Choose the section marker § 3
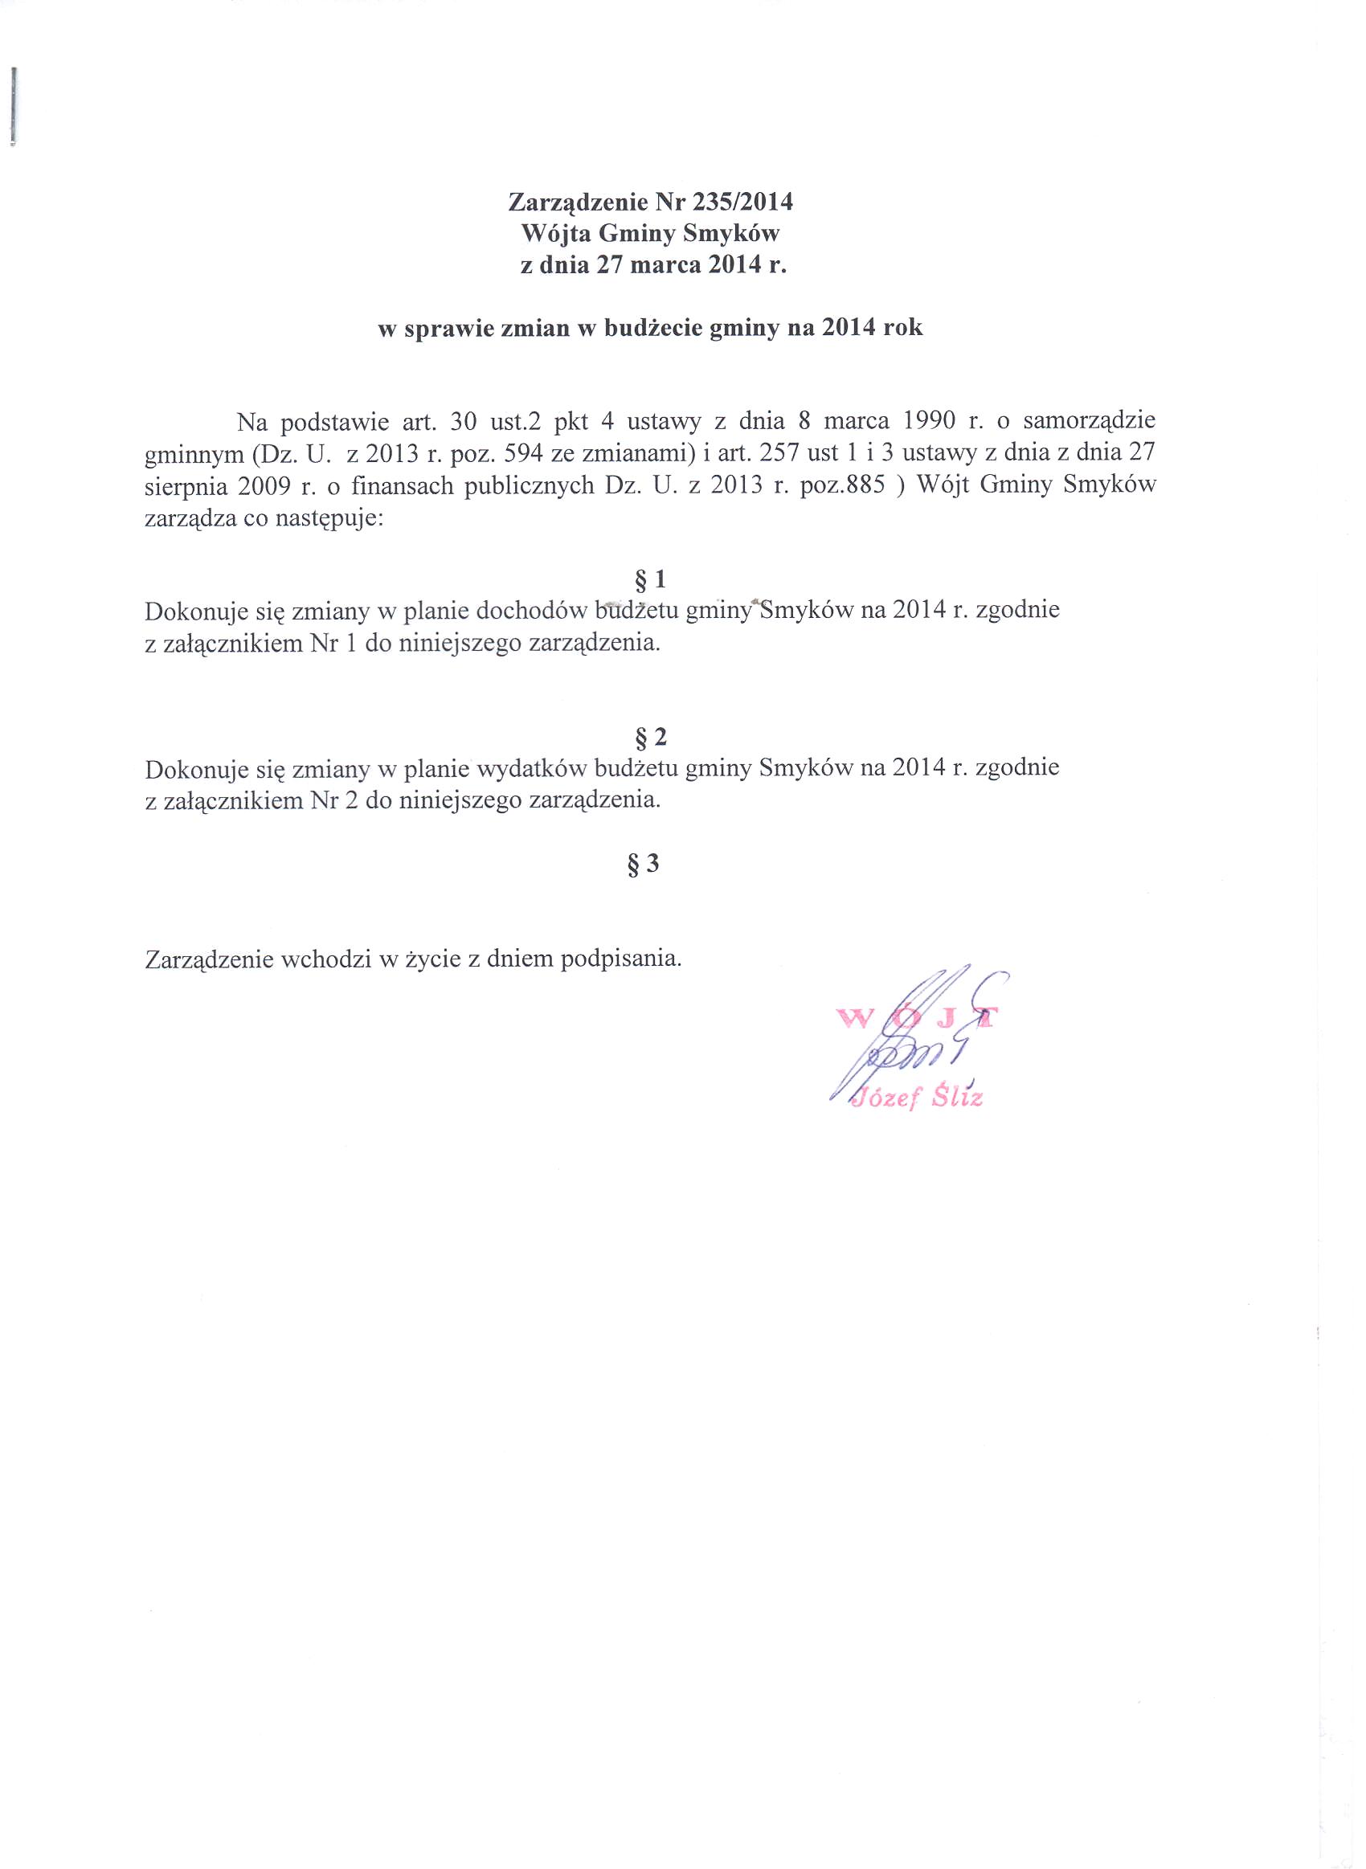[x=644, y=865]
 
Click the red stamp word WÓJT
[x=918, y=1018]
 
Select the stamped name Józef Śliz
[x=918, y=1099]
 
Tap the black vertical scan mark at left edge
[x=16, y=105]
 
